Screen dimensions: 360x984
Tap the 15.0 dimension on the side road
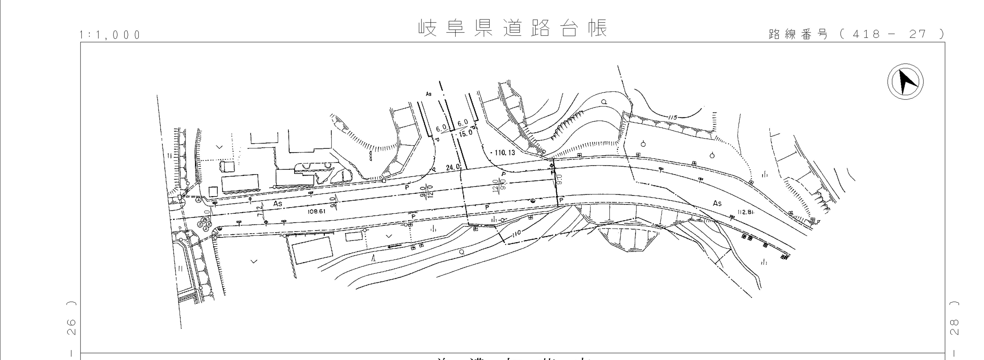click(466, 133)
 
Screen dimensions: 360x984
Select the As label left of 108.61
click(278, 204)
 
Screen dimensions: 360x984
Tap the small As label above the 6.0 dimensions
click(428, 94)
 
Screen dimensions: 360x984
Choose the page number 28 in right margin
click(954, 327)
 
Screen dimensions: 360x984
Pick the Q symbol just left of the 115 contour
click(604, 102)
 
